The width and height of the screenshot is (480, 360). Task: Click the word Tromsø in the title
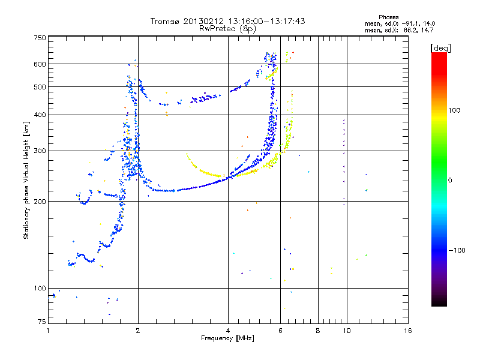(166, 21)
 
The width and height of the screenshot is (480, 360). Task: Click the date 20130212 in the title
(203, 21)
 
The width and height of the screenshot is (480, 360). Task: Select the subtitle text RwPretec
(217, 29)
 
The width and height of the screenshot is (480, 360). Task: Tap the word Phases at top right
(388, 17)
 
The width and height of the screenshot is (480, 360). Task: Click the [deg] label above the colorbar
(440, 48)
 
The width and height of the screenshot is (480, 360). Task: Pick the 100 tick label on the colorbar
(454, 110)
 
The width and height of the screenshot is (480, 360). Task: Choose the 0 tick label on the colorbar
(450, 180)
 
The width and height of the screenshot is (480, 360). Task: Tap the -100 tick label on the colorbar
(457, 250)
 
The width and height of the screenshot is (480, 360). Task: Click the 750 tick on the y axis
(40, 38)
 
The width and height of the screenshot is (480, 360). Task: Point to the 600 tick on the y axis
(40, 64)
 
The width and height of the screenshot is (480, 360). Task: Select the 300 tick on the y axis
(40, 151)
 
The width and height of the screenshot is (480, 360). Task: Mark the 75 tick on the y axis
(42, 322)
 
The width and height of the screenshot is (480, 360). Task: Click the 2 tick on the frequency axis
(138, 331)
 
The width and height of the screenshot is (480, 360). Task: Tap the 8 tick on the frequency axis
(318, 331)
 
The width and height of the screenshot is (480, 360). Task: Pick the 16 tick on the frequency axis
(408, 331)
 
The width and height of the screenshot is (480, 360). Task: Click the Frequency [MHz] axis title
(227, 338)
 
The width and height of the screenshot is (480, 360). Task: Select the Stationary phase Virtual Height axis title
(26, 181)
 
